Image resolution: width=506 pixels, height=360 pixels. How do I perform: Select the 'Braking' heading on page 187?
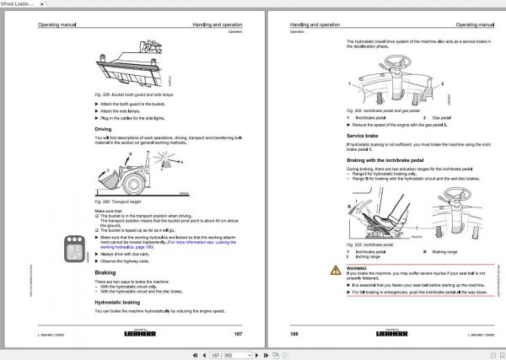(105, 273)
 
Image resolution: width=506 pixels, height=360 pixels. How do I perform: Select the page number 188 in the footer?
(294, 334)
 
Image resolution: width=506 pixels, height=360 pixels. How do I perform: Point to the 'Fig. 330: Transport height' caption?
(117, 201)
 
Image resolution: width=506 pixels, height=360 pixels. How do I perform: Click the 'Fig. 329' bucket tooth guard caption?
(135, 94)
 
